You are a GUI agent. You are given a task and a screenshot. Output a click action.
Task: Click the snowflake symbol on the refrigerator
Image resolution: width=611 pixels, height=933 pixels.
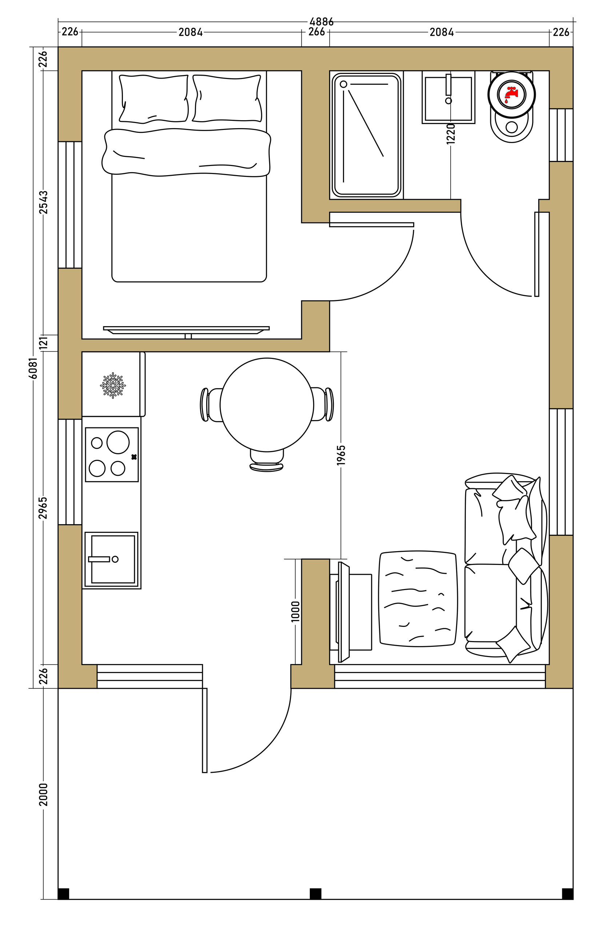point(113,386)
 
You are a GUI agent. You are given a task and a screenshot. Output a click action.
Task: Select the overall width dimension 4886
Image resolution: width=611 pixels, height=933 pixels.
point(321,21)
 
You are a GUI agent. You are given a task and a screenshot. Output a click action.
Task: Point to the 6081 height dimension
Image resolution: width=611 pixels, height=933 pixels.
point(34,368)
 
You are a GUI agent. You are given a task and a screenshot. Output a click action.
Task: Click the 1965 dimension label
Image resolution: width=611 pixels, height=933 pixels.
point(341,455)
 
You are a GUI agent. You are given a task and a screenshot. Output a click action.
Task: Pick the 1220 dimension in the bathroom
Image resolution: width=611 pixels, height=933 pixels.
point(451,134)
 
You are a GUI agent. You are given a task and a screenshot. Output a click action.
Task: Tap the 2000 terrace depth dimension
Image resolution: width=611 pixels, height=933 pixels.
point(44,794)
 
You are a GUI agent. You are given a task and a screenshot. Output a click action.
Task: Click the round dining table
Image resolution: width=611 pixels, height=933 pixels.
point(267,404)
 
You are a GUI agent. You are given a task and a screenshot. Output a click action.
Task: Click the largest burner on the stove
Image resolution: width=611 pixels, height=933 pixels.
point(118,442)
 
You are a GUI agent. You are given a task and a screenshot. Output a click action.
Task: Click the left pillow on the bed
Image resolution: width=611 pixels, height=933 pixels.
point(154,98)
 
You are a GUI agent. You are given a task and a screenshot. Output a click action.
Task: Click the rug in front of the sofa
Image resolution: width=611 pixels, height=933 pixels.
point(418,598)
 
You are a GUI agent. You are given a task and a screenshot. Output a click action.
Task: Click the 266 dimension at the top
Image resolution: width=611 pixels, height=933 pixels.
point(316,32)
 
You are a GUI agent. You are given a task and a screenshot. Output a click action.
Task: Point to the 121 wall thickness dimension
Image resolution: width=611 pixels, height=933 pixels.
point(44,342)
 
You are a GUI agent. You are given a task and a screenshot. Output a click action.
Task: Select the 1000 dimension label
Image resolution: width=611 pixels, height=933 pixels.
point(296,611)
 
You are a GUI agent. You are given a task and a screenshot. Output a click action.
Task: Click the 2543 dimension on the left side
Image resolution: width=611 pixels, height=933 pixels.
point(44,202)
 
